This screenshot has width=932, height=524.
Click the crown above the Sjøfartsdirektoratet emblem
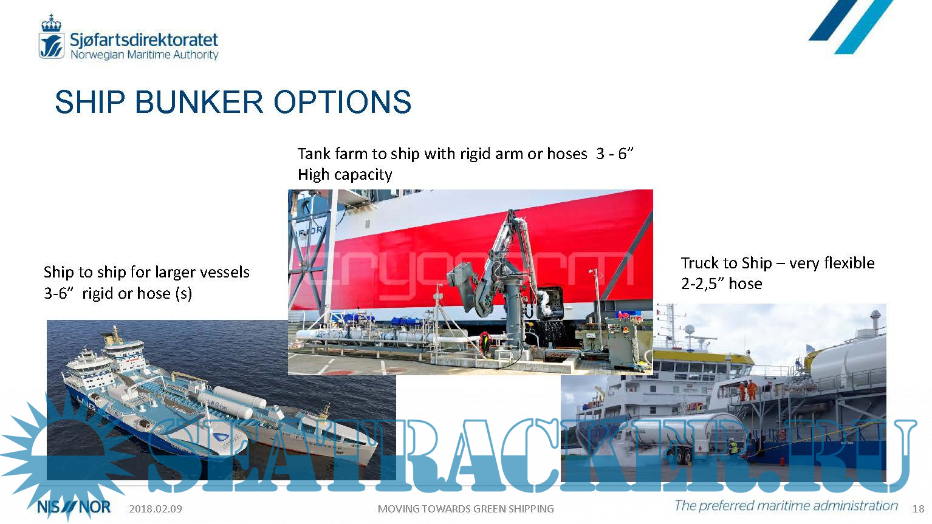pos(51,23)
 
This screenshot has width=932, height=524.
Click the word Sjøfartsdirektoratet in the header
pos(144,40)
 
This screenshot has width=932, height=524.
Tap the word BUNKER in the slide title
pos(199,102)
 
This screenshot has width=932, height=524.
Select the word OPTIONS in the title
pos(343,102)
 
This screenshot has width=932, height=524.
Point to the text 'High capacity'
pos(345,175)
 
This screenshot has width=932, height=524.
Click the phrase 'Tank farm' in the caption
pos(332,154)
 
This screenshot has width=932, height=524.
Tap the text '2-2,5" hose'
pos(722,284)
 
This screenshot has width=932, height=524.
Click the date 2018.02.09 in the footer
pos(156,509)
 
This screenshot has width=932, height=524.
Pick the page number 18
pos(918,509)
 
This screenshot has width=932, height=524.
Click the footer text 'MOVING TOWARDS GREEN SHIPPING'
pos(465,509)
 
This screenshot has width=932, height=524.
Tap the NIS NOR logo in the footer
pos(74,508)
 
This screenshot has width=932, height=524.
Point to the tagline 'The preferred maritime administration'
pos(786,506)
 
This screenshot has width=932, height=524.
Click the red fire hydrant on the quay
pos(782,461)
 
